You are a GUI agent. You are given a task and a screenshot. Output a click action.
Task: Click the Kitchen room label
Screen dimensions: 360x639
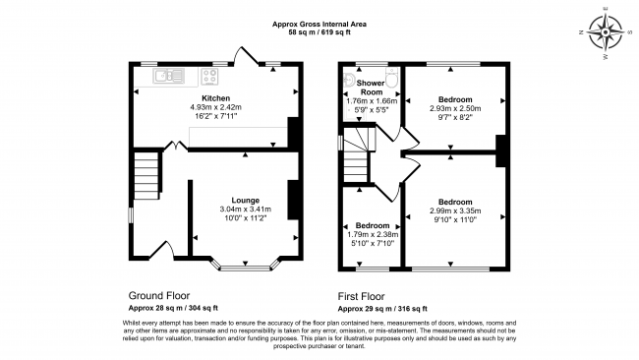(x=216, y=99)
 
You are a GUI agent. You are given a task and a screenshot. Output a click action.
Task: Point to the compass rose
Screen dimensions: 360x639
(x=607, y=33)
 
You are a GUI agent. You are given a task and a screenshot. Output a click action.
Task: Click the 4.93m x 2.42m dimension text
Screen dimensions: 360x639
(x=216, y=108)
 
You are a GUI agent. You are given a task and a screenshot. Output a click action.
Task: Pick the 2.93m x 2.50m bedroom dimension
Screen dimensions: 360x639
(x=455, y=109)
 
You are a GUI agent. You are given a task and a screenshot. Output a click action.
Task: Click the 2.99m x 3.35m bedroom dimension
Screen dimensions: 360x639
(x=455, y=210)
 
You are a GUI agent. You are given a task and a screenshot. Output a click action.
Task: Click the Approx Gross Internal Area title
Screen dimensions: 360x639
(x=320, y=24)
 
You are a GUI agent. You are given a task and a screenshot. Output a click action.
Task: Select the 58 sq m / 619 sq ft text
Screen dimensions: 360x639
(x=320, y=32)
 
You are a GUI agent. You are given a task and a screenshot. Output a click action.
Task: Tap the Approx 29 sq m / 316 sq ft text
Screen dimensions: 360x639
(x=383, y=308)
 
